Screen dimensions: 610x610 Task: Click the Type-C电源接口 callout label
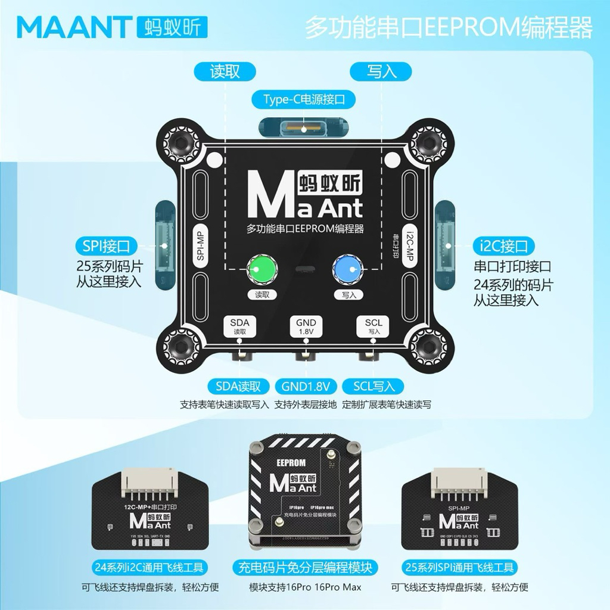pos(304,99)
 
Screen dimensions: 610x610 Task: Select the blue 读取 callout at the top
pos(225,71)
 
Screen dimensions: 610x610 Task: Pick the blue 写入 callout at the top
pos(381,71)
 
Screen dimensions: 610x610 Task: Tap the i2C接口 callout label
pos(504,245)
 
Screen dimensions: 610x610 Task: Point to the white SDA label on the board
pos(239,326)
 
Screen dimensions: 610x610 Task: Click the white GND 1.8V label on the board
pos(306,326)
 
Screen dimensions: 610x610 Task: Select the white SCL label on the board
pos(374,326)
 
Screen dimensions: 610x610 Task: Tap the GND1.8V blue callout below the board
pos(306,386)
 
